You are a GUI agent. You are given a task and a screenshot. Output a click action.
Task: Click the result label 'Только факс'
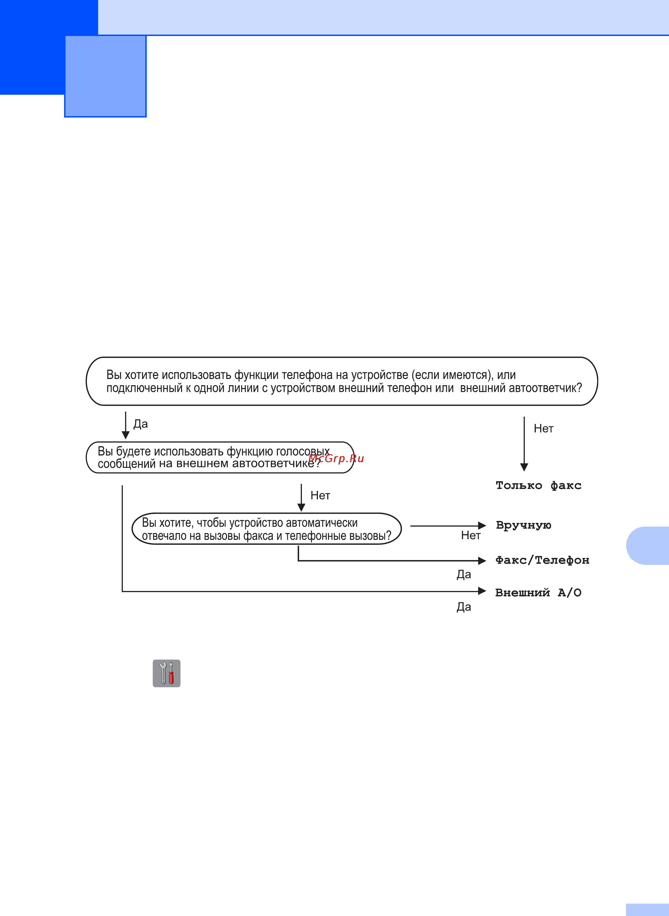coord(538,485)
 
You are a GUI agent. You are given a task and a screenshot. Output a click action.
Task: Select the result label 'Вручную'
coord(524,525)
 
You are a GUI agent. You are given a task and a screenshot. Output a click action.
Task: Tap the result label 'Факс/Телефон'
coord(542,560)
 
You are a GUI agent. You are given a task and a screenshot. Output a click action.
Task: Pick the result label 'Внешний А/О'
coord(538,592)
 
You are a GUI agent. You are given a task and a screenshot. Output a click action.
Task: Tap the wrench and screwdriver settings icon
coord(166,673)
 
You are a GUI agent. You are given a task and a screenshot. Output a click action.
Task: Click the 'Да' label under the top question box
coord(141,424)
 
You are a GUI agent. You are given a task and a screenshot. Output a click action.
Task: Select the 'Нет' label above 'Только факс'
coord(543,428)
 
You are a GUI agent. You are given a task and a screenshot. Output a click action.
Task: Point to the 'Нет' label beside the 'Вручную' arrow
coord(471,535)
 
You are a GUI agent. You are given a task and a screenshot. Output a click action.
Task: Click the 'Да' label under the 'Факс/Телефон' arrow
coord(464,574)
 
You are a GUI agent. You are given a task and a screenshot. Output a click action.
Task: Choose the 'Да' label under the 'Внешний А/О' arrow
coord(464,607)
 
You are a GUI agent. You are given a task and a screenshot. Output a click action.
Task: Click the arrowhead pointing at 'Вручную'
coord(482,526)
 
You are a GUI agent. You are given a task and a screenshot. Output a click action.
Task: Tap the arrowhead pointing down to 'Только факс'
coord(524,467)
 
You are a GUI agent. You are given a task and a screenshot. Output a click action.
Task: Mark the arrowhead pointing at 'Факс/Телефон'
coord(482,561)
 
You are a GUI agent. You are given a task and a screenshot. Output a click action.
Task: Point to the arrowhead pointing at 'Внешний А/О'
coord(482,591)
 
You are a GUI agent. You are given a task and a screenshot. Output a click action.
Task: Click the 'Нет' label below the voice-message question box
coord(320,495)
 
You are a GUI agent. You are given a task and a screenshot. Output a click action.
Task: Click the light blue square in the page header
coord(105,76)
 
